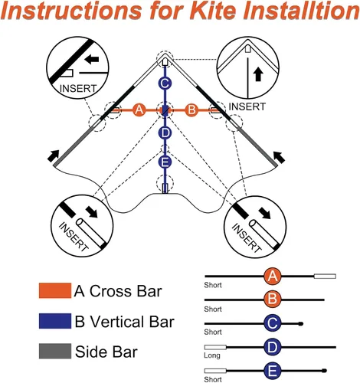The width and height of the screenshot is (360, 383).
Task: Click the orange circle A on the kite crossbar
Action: click(x=139, y=110)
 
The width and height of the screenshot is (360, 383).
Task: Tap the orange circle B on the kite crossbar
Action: click(x=191, y=110)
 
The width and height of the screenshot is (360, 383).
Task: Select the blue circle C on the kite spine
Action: click(x=165, y=83)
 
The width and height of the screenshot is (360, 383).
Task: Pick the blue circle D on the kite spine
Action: click(x=165, y=133)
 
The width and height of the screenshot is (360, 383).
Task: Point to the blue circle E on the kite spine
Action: click(x=165, y=162)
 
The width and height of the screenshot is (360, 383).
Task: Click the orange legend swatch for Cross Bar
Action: click(x=55, y=290)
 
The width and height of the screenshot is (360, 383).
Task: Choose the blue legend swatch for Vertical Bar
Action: click(x=55, y=321)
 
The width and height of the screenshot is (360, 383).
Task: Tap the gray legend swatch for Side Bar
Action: click(x=55, y=351)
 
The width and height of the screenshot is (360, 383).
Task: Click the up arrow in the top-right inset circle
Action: click(x=258, y=74)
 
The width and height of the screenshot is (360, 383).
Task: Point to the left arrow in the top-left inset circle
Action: click(x=91, y=60)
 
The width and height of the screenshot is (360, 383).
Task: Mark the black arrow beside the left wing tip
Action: click(x=54, y=155)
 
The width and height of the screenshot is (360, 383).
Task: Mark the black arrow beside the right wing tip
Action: click(x=279, y=157)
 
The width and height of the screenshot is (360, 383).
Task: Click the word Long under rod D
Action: click(x=212, y=355)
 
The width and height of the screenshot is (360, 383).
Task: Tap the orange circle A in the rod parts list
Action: click(x=273, y=276)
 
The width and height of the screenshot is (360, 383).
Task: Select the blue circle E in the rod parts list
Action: click(x=273, y=371)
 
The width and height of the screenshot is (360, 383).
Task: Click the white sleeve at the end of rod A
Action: click(x=325, y=276)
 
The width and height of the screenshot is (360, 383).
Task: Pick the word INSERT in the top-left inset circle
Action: click(x=78, y=89)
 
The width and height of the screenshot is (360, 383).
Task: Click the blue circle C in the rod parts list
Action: click(x=273, y=323)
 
